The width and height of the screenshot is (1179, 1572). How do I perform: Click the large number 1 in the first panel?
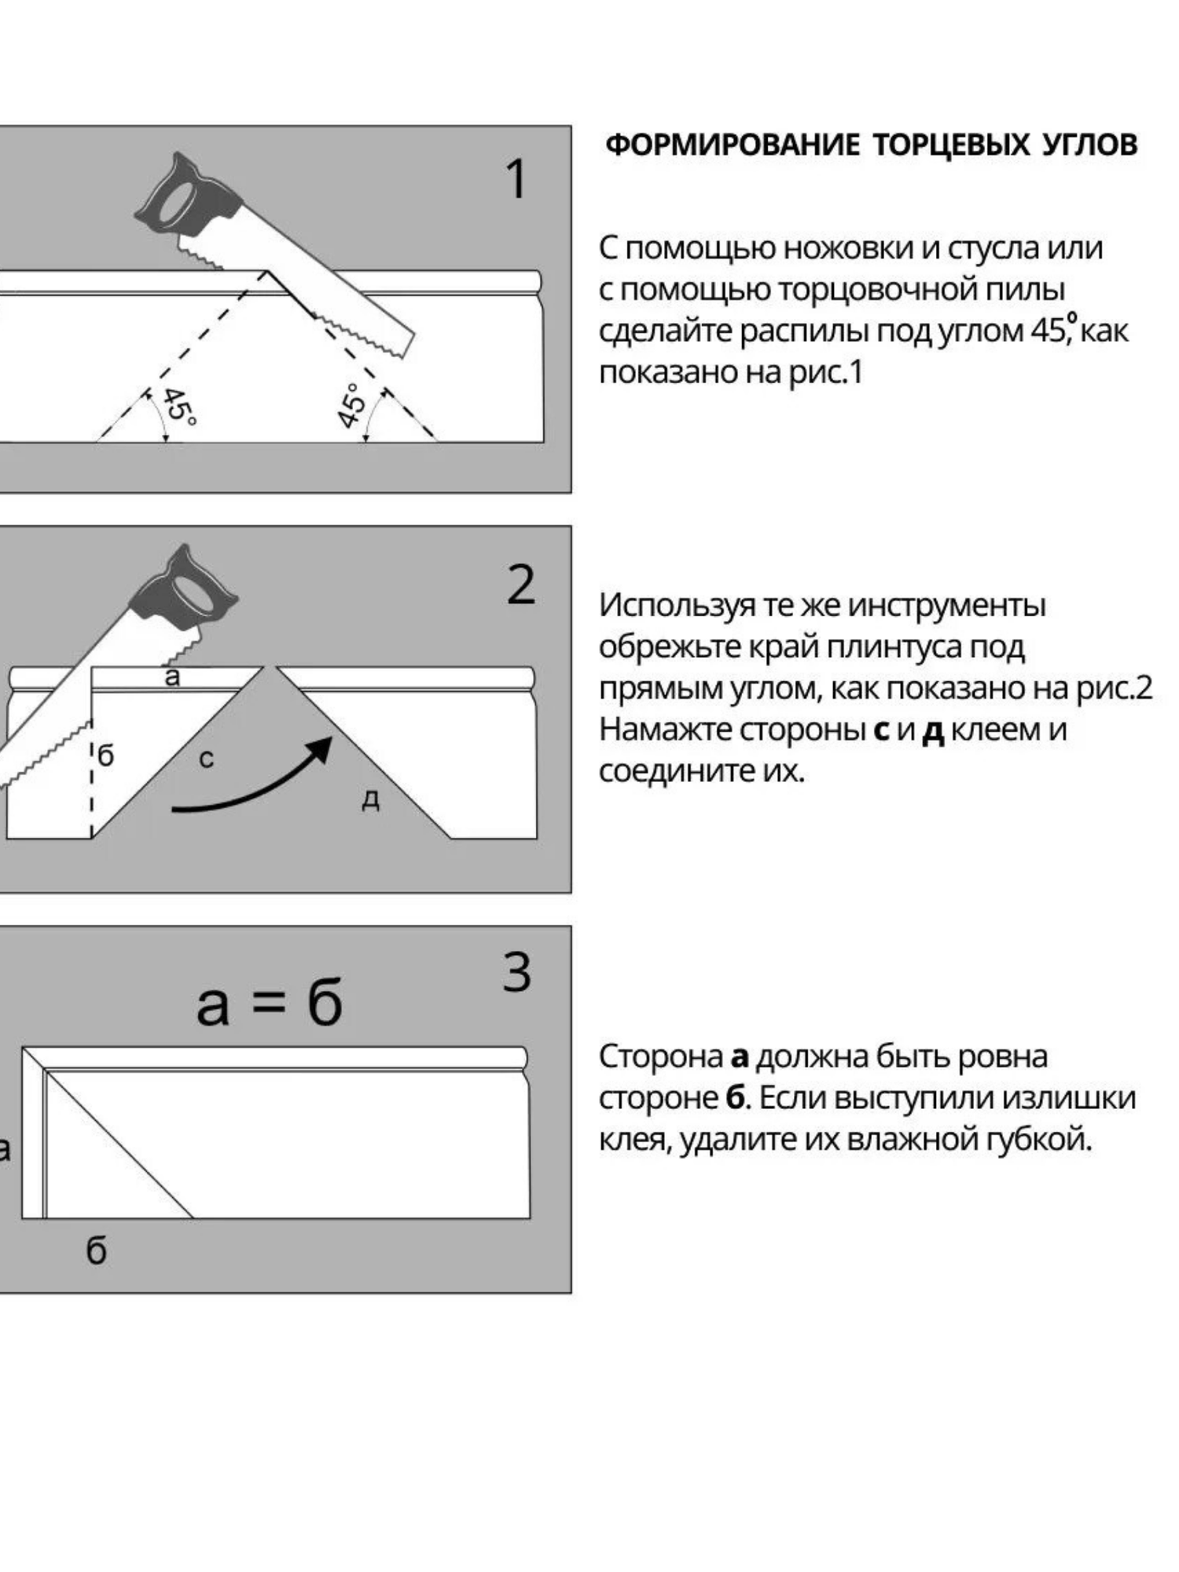click(516, 179)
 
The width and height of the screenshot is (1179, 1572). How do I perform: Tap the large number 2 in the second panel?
click(520, 585)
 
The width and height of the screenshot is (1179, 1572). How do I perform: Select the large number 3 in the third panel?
click(517, 972)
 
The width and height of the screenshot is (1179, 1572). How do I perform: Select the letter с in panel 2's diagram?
click(206, 759)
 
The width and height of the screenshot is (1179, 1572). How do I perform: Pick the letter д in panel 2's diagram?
click(370, 799)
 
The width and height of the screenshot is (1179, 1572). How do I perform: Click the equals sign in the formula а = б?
click(270, 1002)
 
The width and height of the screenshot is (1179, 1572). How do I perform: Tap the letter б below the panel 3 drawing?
click(96, 1251)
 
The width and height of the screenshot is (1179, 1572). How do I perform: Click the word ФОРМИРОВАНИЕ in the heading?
click(732, 145)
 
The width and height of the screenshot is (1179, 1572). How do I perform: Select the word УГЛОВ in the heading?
click(1089, 145)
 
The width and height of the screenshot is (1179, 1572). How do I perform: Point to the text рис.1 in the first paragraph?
click(825, 372)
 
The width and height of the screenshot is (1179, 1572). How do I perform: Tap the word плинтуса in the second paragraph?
click(891, 647)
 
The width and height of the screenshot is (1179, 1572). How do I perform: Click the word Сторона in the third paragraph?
click(660, 1056)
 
